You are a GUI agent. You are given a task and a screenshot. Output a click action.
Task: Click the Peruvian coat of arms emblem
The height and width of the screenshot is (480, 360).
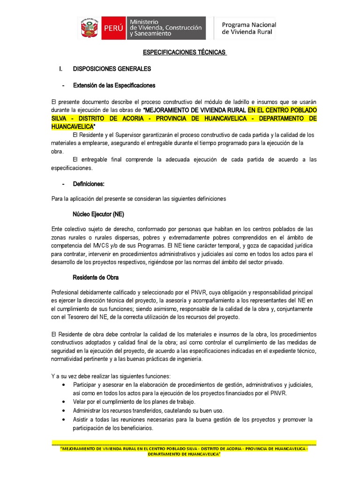coord(89,28)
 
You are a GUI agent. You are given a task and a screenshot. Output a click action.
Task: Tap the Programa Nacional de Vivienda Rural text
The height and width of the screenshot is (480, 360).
coord(248,28)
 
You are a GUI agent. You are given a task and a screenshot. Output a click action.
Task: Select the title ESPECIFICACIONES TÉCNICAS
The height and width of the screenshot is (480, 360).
coord(178,52)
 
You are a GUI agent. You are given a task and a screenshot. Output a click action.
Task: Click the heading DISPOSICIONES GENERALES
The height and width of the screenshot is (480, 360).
coord(112,69)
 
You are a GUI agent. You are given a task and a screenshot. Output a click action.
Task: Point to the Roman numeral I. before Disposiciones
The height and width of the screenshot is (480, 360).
coord(60,69)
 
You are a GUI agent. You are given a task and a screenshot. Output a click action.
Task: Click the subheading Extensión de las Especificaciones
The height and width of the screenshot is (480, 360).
coord(114,86)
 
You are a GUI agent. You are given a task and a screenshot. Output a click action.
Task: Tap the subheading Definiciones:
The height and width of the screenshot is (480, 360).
coord(95,184)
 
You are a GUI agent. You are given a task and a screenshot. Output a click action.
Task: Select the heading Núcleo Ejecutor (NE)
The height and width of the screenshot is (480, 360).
coord(98,214)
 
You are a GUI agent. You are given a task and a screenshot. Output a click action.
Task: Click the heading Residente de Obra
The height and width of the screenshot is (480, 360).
coord(96,277)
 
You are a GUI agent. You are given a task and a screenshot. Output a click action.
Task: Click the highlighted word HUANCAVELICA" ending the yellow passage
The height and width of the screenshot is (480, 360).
coord(73,127)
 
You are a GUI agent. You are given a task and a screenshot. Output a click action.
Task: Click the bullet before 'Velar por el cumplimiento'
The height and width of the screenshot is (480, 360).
coord(63,402)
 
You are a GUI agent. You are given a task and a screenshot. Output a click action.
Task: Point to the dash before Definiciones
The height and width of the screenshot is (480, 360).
coord(63,184)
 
